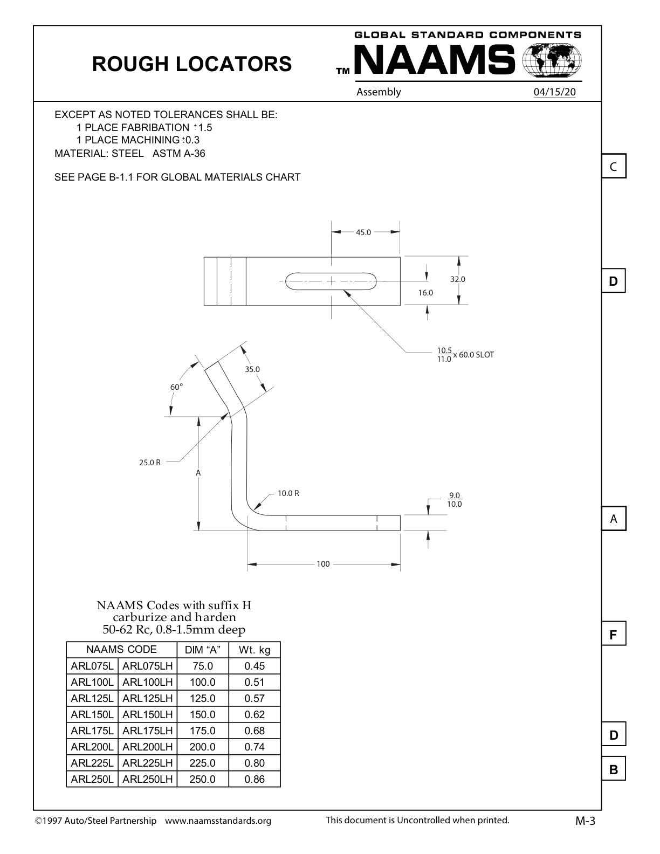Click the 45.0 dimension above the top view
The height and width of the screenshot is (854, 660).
click(363, 232)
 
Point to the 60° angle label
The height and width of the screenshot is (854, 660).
click(176, 387)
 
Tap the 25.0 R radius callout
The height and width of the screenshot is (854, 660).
click(150, 463)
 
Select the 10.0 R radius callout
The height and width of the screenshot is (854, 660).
click(288, 493)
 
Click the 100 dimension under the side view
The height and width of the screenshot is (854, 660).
click(323, 564)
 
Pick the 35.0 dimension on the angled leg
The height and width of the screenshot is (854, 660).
click(252, 369)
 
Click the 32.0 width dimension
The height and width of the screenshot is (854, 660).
click(458, 279)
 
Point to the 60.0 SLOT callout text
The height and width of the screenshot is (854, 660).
click(476, 355)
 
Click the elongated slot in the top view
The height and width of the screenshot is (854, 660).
click(331, 281)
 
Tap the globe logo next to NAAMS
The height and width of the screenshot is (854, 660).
click(552, 60)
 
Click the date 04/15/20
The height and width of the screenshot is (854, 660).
click(554, 92)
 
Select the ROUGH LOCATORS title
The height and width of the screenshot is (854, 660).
click(192, 64)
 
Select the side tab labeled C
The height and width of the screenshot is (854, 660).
click(613, 167)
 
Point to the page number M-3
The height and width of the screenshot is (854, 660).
click(585, 821)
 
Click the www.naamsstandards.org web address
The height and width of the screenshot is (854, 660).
click(218, 821)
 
